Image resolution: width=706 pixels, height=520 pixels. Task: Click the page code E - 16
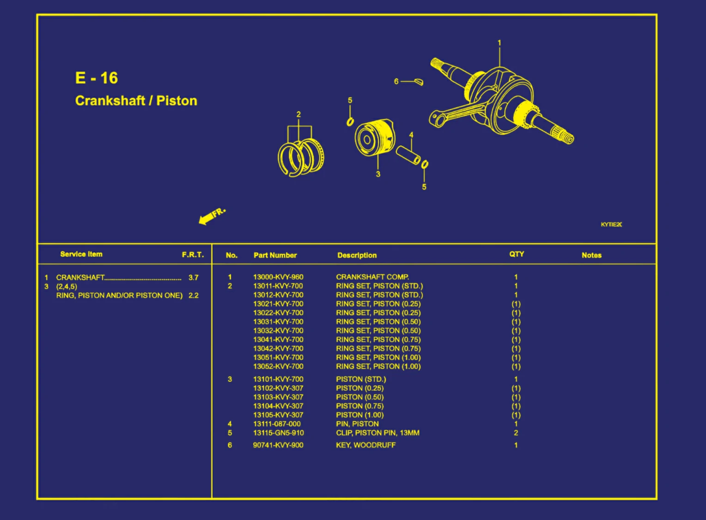pyautogui.click(x=97, y=78)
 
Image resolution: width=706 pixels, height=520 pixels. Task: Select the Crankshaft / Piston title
pyautogui.click(x=136, y=101)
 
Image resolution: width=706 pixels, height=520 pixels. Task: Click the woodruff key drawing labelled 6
pyautogui.click(x=419, y=82)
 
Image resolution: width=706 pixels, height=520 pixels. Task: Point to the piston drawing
pyautogui.click(x=374, y=138)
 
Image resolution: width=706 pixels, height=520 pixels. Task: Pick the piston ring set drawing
pyautogui.click(x=301, y=157)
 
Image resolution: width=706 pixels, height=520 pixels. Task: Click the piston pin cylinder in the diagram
pyautogui.click(x=408, y=155)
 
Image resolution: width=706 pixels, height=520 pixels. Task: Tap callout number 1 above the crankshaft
pyautogui.click(x=499, y=43)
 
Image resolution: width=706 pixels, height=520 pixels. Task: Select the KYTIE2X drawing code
pyautogui.click(x=611, y=225)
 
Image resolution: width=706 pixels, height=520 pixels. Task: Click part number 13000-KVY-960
pyautogui.click(x=278, y=277)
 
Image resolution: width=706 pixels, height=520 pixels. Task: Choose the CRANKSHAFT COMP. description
pyautogui.click(x=372, y=277)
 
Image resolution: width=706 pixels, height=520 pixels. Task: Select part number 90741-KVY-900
pyautogui.click(x=278, y=445)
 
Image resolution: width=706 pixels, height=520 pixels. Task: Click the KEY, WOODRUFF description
pyautogui.click(x=366, y=445)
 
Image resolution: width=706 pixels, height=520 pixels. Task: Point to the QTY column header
pyautogui.click(x=517, y=254)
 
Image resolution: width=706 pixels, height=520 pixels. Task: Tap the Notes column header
pyautogui.click(x=591, y=255)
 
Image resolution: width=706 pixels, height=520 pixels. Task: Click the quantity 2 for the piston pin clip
pyautogui.click(x=516, y=433)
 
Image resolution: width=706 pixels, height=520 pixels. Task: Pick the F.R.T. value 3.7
pyautogui.click(x=194, y=278)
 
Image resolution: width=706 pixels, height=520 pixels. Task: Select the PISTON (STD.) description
pyautogui.click(x=361, y=379)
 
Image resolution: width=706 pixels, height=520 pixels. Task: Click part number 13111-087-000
pyautogui.click(x=277, y=424)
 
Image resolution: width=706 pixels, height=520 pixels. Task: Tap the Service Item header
pyautogui.click(x=81, y=254)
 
